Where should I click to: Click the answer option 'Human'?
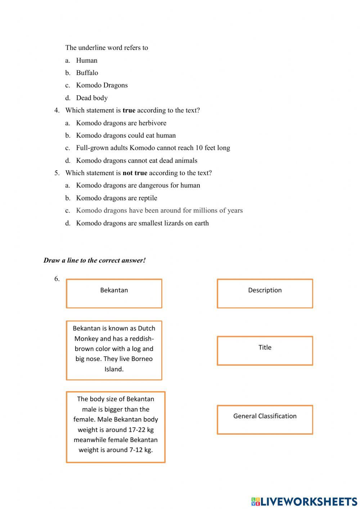(86, 60)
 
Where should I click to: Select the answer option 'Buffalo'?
(87, 73)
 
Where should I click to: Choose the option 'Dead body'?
(92, 98)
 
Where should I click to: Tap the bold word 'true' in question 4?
(129, 110)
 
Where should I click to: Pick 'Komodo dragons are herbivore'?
(121, 123)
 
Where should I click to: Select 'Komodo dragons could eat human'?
(126, 135)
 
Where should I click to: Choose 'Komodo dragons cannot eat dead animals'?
(136, 161)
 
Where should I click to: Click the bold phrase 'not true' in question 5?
(135, 173)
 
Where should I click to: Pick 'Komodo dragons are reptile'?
(116, 198)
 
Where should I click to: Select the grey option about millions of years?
(159, 210)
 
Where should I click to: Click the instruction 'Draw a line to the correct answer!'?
(94, 260)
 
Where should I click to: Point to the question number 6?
(57, 279)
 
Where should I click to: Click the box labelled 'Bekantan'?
(114, 293)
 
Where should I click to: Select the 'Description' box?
(265, 293)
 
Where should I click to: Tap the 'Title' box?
(265, 351)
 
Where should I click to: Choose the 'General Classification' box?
(265, 419)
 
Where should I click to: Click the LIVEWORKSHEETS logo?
(304, 501)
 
